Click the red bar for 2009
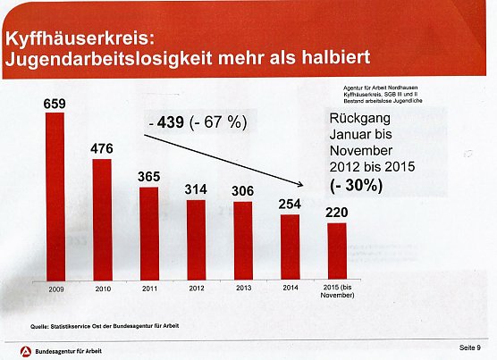pyautogui.click(x=55, y=197)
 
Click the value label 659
pyautogui.click(x=55, y=104)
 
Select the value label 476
pyautogui.click(x=102, y=148)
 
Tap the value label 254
pyautogui.click(x=290, y=204)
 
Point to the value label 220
pyautogui.click(x=336, y=213)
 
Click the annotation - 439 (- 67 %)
pyautogui.click(x=196, y=123)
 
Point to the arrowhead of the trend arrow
pyautogui.click(x=315, y=184)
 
